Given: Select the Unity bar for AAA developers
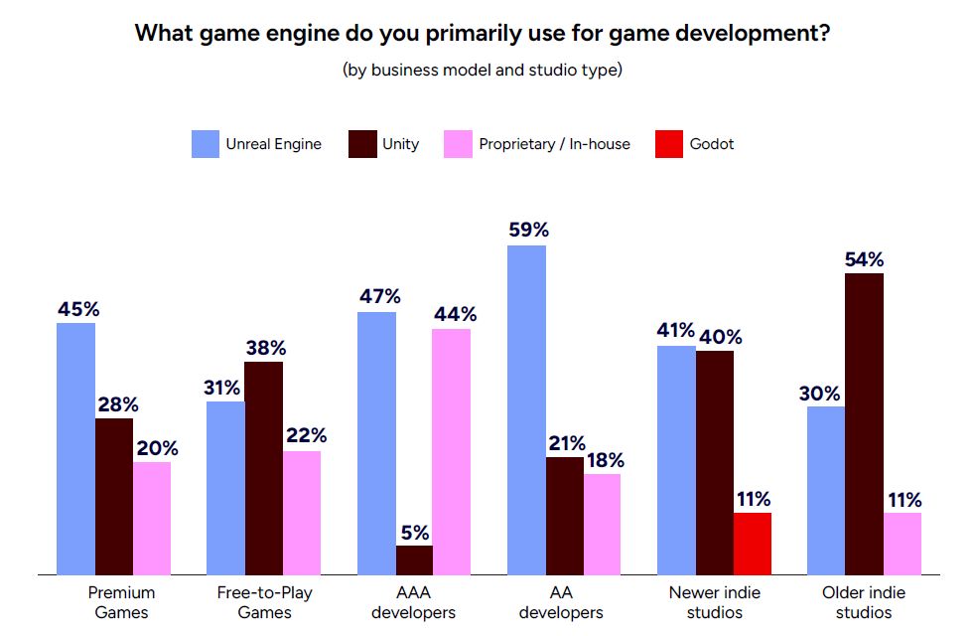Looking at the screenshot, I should pos(414,559).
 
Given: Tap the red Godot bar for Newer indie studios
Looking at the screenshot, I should pos(752,543).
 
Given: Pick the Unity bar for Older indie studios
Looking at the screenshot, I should pos(864,423).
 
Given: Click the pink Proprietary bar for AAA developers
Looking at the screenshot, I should pos(452,451).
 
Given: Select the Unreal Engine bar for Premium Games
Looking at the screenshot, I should pos(75,448).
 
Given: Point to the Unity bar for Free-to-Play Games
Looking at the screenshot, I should pos(263,467).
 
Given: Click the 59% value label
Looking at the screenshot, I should pos(527,230).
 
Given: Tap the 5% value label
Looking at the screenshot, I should pos(414,531).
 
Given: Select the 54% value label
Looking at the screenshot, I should pos(864,258).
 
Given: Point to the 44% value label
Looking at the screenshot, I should pos(454,314).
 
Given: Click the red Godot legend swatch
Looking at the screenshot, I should pos(669,144).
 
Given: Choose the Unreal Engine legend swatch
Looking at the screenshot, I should pos(205,144).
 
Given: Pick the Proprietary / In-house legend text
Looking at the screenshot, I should pos(554,144).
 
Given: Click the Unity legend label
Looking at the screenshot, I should pos(400,144).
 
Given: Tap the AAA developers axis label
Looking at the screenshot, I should pos(413,602).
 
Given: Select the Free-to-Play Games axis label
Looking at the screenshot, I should pos(263,602).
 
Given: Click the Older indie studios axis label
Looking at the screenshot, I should pos(864,602).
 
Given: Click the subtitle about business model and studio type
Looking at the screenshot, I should pos(483,71).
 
